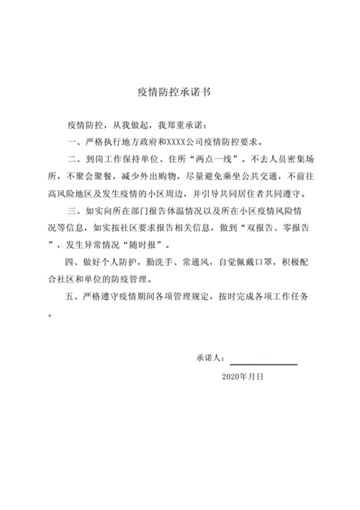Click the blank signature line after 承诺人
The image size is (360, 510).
264,358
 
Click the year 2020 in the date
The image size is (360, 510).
230,376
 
